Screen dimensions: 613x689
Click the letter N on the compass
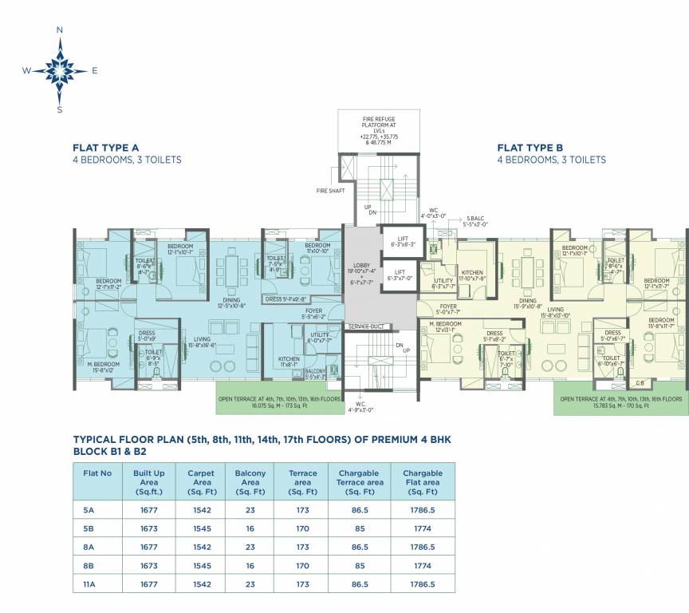(x=59, y=30)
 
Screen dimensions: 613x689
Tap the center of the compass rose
(x=60, y=70)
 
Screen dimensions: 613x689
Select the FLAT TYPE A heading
(x=106, y=147)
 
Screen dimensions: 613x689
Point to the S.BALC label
(x=476, y=221)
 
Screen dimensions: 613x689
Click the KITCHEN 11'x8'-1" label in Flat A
(x=289, y=362)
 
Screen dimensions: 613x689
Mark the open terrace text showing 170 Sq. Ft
(x=621, y=401)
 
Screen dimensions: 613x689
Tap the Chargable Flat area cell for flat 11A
(x=423, y=584)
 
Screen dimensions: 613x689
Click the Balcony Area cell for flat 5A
(x=250, y=509)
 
